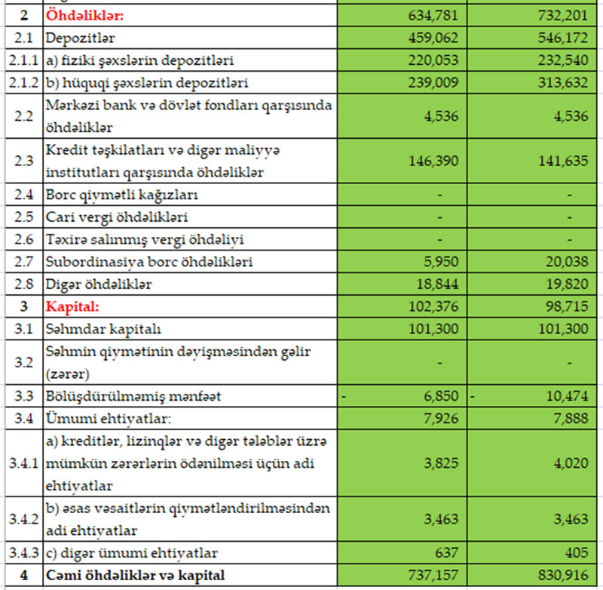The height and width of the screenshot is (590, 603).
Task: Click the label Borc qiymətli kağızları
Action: tap(121, 195)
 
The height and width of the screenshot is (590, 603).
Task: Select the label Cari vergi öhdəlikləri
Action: tap(117, 218)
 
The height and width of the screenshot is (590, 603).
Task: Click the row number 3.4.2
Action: tap(22, 518)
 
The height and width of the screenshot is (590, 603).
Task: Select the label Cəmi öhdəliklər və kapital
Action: tap(133, 575)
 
